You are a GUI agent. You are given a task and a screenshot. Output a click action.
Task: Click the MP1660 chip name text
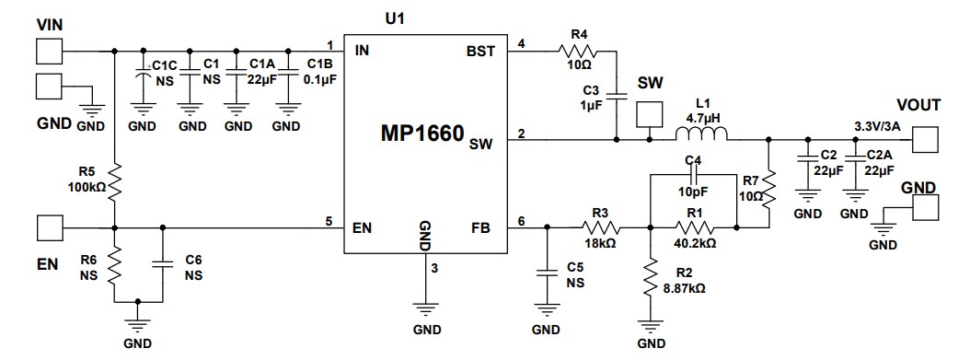pyautogui.click(x=423, y=135)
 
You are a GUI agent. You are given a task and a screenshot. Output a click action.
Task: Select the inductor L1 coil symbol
pyautogui.click(x=701, y=139)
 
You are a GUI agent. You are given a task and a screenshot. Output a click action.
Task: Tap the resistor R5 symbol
pyautogui.click(x=115, y=182)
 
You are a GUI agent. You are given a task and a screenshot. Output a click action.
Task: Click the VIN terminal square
pyautogui.click(x=48, y=51)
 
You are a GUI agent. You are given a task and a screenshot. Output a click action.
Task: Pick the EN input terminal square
pyautogui.click(x=48, y=226)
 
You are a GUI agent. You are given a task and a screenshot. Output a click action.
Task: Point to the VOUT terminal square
pyautogui.click(x=925, y=140)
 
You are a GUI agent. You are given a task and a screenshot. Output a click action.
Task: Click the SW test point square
pyautogui.click(x=650, y=115)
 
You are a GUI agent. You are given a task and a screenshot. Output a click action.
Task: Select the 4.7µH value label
pyautogui.click(x=703, y=119)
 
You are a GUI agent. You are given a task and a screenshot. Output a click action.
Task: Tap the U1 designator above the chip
pyautogui.click(x=393, y=17)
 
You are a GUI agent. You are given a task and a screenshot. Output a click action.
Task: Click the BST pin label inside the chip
pyautogui.click(x=481, y=52)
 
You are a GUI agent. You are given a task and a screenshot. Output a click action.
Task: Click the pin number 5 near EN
pyautogui.click(x=329, y=220)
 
